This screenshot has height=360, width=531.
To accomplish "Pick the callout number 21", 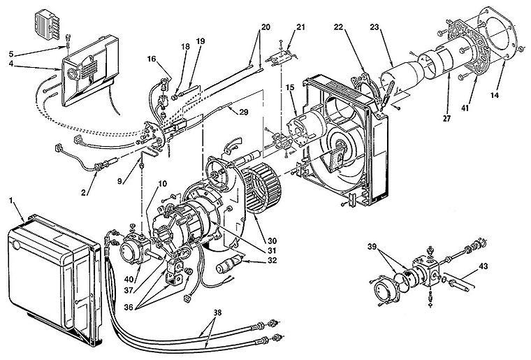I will pos(301,27).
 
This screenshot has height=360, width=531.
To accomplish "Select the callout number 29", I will pos(244,112).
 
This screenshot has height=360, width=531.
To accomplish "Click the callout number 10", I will pos(163,184).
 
